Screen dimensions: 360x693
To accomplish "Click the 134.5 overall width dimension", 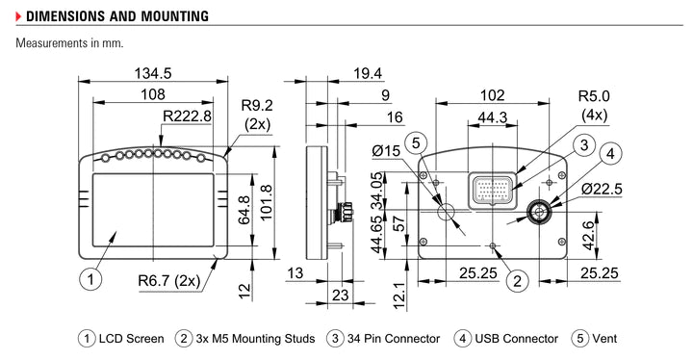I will tap(153, 74).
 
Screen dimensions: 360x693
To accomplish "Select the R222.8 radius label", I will tap(186, 116).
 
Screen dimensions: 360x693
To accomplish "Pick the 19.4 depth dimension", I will tap(367, 74).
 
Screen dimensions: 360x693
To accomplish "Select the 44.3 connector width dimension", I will tap(491, 116).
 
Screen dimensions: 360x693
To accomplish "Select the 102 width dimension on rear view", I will tap(492, 95).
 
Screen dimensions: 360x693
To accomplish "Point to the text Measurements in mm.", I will tap(69, 43).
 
